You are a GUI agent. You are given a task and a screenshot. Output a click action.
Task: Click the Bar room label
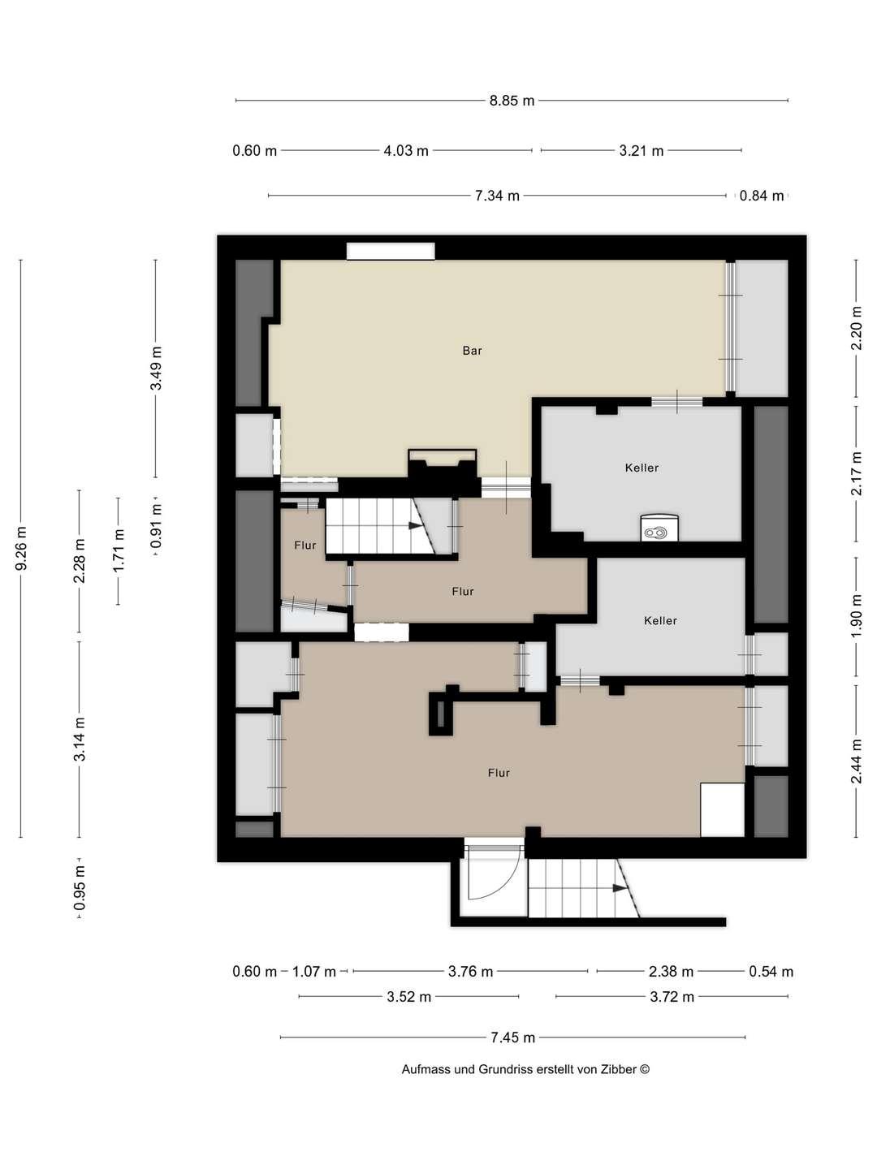tap(472, 351)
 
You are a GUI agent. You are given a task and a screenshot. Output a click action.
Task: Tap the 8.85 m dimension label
tap(512, 101)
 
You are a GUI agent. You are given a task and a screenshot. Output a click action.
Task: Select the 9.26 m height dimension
tap(21, 549)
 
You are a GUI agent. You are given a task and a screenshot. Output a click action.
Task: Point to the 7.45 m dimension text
tap(512, 1037)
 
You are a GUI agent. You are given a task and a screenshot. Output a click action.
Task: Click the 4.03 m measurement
tap(406, 151)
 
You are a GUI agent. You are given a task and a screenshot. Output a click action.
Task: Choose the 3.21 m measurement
tap(642, 151)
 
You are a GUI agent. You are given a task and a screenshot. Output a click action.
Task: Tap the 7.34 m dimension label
tap(497, 196)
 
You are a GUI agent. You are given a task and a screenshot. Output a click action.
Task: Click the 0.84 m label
tap(762, 196)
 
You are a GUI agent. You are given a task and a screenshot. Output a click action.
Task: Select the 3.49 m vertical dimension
tap(156, 368)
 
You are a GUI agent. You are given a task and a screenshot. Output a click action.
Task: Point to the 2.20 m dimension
tap(856, 328)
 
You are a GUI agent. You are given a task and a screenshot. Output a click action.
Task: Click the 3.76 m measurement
tap(470, 972)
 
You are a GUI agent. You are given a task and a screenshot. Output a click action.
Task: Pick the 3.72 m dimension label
tap(672, 996)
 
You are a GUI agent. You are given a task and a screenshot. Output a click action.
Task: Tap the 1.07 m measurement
tap(314, 972)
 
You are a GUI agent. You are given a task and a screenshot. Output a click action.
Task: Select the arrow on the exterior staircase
tap(620, 888)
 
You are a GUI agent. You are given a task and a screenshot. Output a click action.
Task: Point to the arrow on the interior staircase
tap(415, 525)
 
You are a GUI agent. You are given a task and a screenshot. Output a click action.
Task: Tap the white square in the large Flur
tap(722, 809)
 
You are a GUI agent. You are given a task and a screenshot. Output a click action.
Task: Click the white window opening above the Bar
tap(391, 251)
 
